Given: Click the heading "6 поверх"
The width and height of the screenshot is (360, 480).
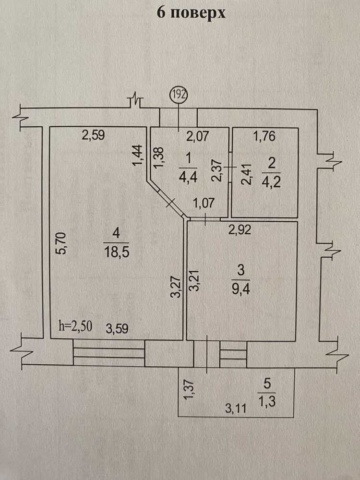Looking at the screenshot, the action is coord(191,13).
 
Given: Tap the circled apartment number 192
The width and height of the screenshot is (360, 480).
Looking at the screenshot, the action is coord(179,94).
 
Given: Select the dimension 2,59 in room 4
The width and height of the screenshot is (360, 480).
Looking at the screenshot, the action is coord(94,135).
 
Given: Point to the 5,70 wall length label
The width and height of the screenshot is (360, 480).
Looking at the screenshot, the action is coord(61,243).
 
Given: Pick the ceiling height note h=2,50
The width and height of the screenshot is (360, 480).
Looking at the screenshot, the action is coord(75,326).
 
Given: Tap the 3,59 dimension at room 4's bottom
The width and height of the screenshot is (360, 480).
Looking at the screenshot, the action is coord(117,329).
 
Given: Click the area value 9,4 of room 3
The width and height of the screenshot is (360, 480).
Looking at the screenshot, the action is coord(241,288).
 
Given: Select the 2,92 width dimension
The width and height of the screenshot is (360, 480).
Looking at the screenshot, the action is coord(240,229).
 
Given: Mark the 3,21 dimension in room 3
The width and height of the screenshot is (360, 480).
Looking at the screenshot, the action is coord(195,280).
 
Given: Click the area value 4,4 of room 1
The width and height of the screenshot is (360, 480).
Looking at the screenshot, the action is coord(188,177).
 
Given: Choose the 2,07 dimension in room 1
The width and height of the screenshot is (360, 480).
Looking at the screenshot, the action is coord(198,136).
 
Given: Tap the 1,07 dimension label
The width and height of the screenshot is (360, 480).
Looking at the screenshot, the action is coord(204,203).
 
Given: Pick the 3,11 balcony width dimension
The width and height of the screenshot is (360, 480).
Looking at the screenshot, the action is coord(236,408).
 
